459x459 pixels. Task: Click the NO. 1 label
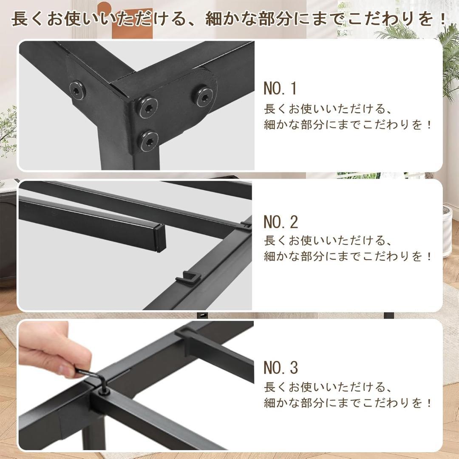[x=280, y=88]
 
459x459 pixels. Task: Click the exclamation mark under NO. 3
[x=428, y=402]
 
